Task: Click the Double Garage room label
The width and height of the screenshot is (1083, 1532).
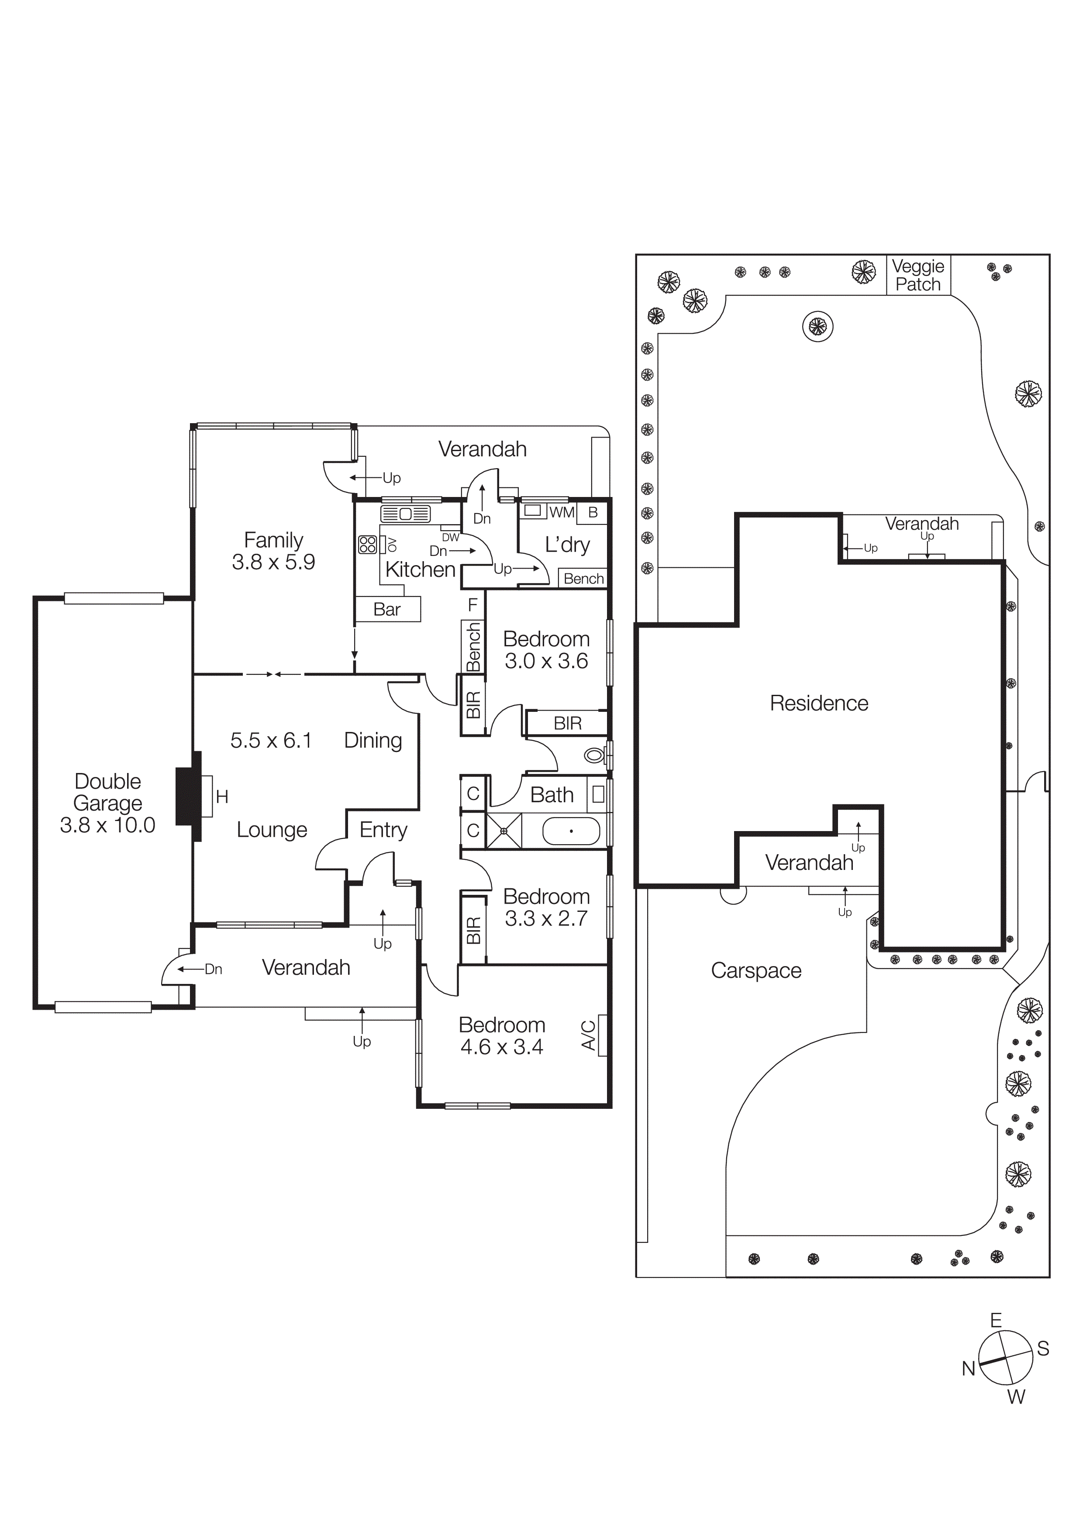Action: (x=107, y=803)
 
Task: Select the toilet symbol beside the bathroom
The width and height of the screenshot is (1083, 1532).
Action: (x=594, y=756)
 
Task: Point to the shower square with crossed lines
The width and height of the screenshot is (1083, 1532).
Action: (x=504, y=831)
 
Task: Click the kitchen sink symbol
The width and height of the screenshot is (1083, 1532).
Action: (x=405, y=514)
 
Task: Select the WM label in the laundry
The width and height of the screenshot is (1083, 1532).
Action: (x=562, y=512)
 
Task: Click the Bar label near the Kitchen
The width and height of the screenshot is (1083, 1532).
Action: (x=387, y=609)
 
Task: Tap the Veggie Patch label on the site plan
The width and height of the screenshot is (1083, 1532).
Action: (x=918, y=275)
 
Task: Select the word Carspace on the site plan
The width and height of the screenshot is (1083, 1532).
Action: (x=756, y=970)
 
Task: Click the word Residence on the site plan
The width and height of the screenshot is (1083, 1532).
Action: (x=819, y=703)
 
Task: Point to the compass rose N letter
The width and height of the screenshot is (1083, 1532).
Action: (x=968, y=1369)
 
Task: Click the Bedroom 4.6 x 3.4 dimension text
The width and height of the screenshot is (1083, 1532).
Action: (x=502, y=1047)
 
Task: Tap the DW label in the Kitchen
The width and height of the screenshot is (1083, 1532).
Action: (x=450, y=537)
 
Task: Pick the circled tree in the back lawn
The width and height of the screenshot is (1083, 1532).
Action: (x=817, y=326)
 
